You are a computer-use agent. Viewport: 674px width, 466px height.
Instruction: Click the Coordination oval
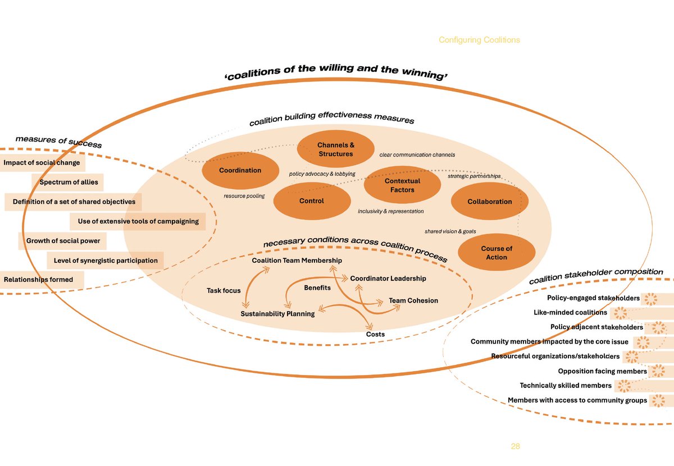240,170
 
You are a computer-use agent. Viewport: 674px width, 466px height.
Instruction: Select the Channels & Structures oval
336,149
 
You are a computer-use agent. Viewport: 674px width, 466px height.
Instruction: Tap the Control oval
312,200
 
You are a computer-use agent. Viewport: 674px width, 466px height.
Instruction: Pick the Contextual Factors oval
402,185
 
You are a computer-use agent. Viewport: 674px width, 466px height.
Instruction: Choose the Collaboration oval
490,202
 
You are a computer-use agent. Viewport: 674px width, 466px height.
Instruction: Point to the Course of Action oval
497,253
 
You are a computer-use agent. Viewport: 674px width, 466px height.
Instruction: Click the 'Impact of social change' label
42,163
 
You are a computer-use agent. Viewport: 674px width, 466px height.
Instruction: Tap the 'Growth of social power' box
63,241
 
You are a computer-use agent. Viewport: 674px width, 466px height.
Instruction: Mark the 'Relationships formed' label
38,280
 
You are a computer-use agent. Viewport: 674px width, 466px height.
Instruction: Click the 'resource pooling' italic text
244,197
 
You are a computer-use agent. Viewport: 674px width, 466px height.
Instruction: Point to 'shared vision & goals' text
450,231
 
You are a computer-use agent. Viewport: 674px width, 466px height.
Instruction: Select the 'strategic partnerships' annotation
474,176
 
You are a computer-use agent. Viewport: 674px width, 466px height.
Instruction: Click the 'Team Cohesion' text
413,300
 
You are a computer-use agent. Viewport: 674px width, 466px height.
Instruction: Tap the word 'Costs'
375,334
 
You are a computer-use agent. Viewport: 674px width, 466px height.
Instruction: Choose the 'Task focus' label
224,291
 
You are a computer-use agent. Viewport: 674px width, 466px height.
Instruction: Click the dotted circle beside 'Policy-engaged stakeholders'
650,299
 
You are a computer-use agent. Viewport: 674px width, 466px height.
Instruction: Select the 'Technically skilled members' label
566,386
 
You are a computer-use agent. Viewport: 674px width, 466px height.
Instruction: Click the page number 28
515,446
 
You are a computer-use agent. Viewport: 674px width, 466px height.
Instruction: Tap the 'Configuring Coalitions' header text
479,40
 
